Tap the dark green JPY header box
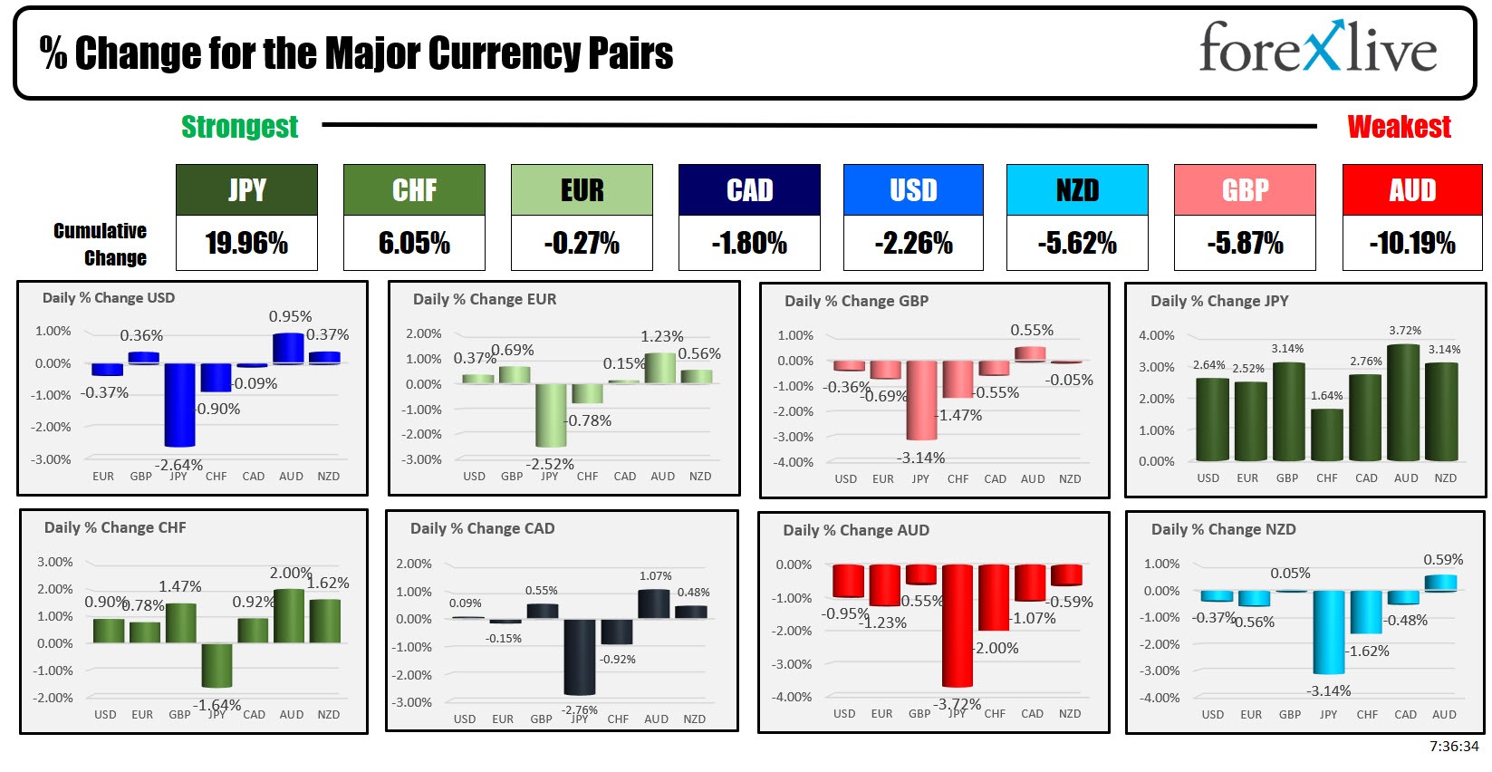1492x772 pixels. [x=246, y=189]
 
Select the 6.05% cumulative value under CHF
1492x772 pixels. [x=414, y=243]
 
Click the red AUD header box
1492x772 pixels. [x=1411, y=189]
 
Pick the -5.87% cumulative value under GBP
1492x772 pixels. [x=1245, y=243]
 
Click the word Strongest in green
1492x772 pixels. [x=239, y=127]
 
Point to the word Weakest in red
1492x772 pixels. [x=1399, y=127]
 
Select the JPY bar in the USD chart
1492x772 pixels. [x=179, y=404]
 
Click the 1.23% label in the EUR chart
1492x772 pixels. [x=662, y=336]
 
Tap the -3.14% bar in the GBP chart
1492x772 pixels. [x=921, y=400]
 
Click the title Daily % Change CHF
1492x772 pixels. [x=115, y=527]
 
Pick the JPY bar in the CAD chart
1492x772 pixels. [x=579, y=657]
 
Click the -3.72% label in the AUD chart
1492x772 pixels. [x=958, y=704]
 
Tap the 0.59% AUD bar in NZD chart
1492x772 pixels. [x=1440, y=583]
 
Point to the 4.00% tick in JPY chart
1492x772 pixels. [x=1156, y=335]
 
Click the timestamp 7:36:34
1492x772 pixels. [x=1453, y=746]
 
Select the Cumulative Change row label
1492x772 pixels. [x=100, y=244]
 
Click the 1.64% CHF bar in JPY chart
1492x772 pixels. [x=1327, y=435]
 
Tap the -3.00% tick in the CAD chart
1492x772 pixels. [x=414, y=702]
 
